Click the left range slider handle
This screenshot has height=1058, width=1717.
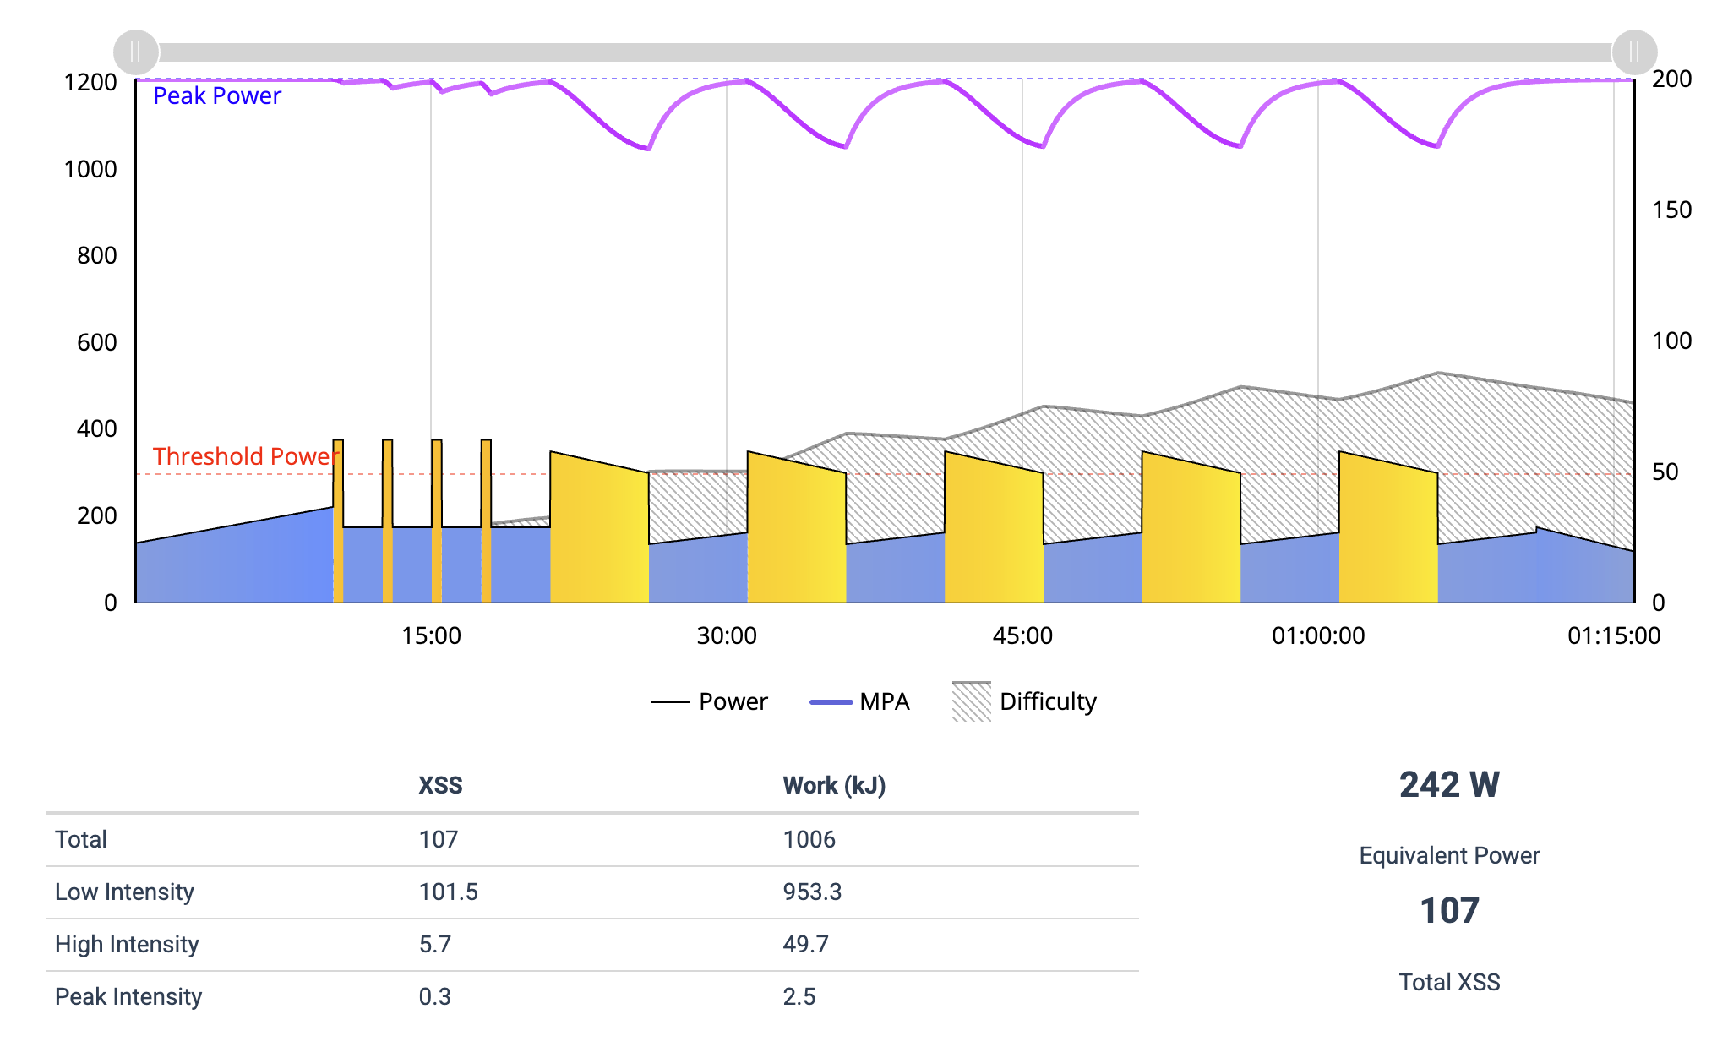click(x=135, y=52)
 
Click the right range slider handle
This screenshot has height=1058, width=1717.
click(x=1633, y=52)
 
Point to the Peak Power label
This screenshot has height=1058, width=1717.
click(x=216, y=96)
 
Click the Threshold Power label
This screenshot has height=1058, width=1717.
click(x=244, y=456)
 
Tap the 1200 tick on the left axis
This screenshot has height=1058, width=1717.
click(x=90, y=83)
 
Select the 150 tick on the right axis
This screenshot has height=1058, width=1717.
click(x=1671, y=210)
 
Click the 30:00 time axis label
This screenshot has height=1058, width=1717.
click(x=726, y=635)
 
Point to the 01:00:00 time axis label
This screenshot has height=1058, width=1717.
click(x=1317, y=635)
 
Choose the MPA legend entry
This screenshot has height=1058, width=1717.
click(x=859, y=701)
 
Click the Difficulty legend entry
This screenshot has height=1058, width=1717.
click(x=1024, y=701)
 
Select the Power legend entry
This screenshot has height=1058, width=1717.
click(x=710, y=701)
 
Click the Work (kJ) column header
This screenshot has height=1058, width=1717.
click(x=833, y=785)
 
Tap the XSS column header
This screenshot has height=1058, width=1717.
click(x=440, y=785)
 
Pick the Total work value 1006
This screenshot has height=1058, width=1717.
click(x=809, y=839)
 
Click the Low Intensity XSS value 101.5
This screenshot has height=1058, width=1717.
click(x=448, y=892)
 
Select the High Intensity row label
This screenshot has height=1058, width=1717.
click(x=127, y=944)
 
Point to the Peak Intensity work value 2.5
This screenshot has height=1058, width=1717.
click(x=799, y=996)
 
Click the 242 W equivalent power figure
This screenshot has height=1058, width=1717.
click(x=1448, y=785)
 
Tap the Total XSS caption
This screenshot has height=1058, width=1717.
click(x=1448, y=982)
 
